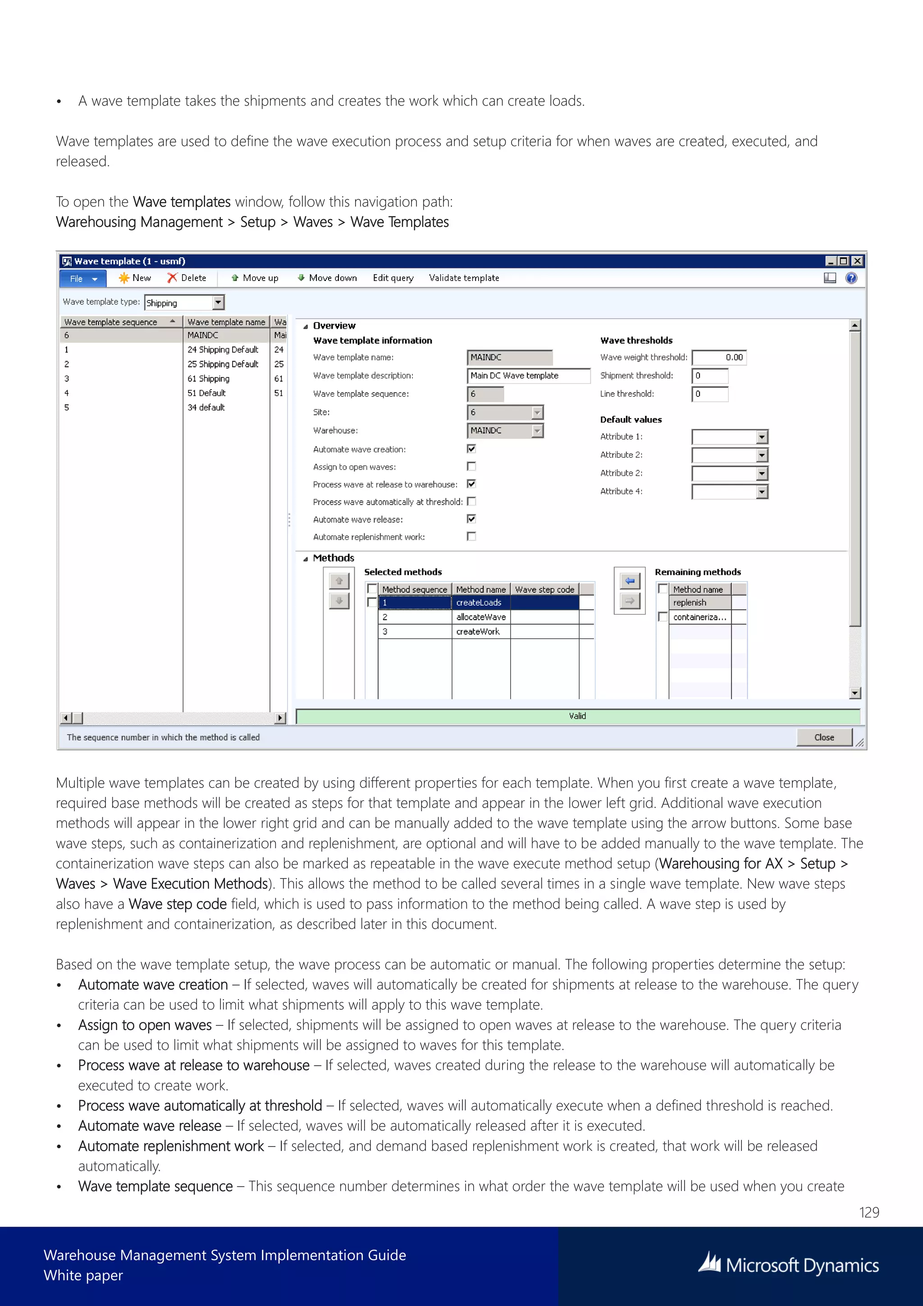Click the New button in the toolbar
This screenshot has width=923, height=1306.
[x=135, y=278]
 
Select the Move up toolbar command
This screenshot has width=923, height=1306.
[x=255, y=278]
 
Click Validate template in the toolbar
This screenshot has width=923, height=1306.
[x=464, y=278]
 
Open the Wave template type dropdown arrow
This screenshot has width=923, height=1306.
[x=218, y=303]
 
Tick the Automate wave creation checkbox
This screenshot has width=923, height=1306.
[x=471, y=449]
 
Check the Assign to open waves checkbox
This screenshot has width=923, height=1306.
[x=471, y=466]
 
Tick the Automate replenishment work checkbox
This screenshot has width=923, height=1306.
[x=471, y=536]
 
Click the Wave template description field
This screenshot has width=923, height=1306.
[x=528, y=375]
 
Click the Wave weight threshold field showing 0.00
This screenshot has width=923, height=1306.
[x=719, y=357]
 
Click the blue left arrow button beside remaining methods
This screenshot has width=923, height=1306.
[x=630, y=581]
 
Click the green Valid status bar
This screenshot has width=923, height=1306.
[x=577, y=716]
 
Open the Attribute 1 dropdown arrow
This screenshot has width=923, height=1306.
[x=762, y=437]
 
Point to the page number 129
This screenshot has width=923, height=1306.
[x=869, y=1212]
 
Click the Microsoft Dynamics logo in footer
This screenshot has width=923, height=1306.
[x=788, y=1265]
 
